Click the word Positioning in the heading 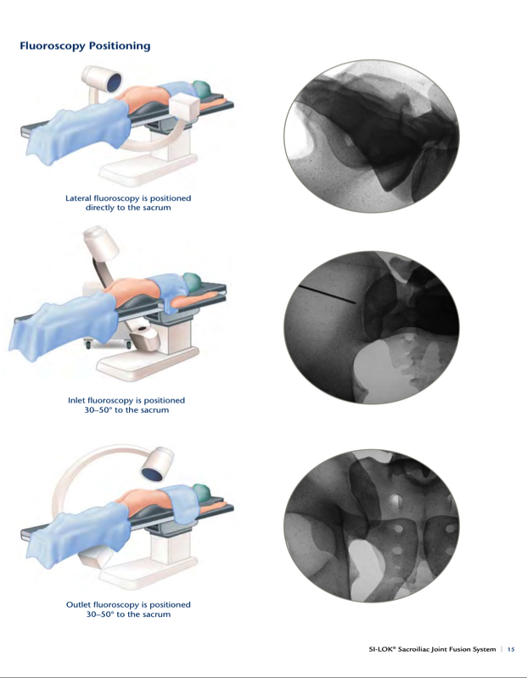[x=120, y=46]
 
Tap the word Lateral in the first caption [x=78, y=198]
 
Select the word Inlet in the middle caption [x=76, y=400]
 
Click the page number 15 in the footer [x=511, y=649]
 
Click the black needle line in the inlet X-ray [x=328, y=294]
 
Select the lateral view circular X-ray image [x=372, y=136]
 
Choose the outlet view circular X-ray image [x=372, y=525]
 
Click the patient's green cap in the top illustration [x=202, y=90]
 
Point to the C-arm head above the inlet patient [x=101, y=243]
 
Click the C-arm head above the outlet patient [x=158, y=464]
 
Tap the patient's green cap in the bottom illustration [x=201, y=493]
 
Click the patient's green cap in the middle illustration [x=193, y=281]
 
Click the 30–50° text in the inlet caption [x=98, y=410]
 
